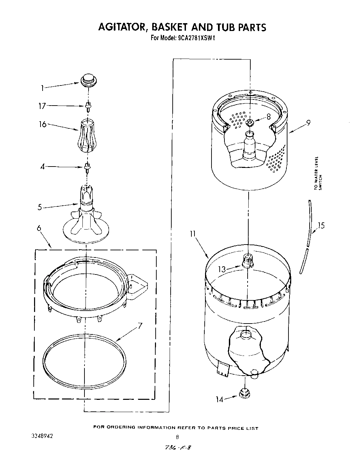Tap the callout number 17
click(x=42, y=106)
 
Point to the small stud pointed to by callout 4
click(x=88, y=167)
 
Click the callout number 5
click(x=40, y=207)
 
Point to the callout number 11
click(x=193, y=234)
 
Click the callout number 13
click(x=222, y=269)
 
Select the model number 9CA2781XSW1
click(x=195, y=39)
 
